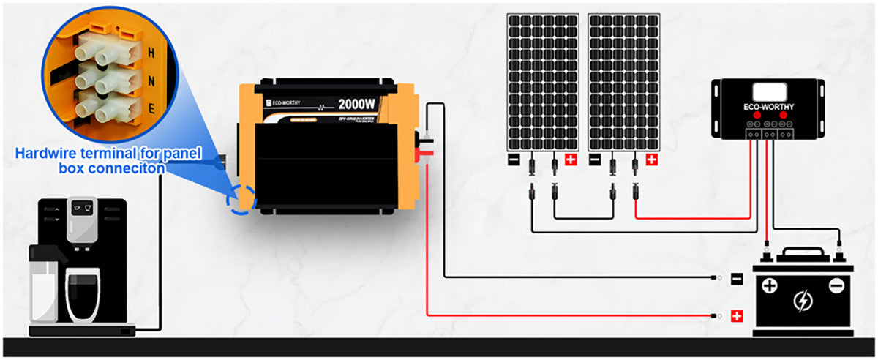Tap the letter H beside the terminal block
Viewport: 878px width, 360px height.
click(151, 53)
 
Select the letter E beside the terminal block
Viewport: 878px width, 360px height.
click(151, 110)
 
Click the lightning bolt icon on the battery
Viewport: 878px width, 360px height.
click(803, 300)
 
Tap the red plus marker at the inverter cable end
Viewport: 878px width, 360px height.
click(737, 316)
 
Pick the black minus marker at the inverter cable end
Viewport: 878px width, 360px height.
click(737, 278)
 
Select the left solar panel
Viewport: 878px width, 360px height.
click(543, 81)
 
